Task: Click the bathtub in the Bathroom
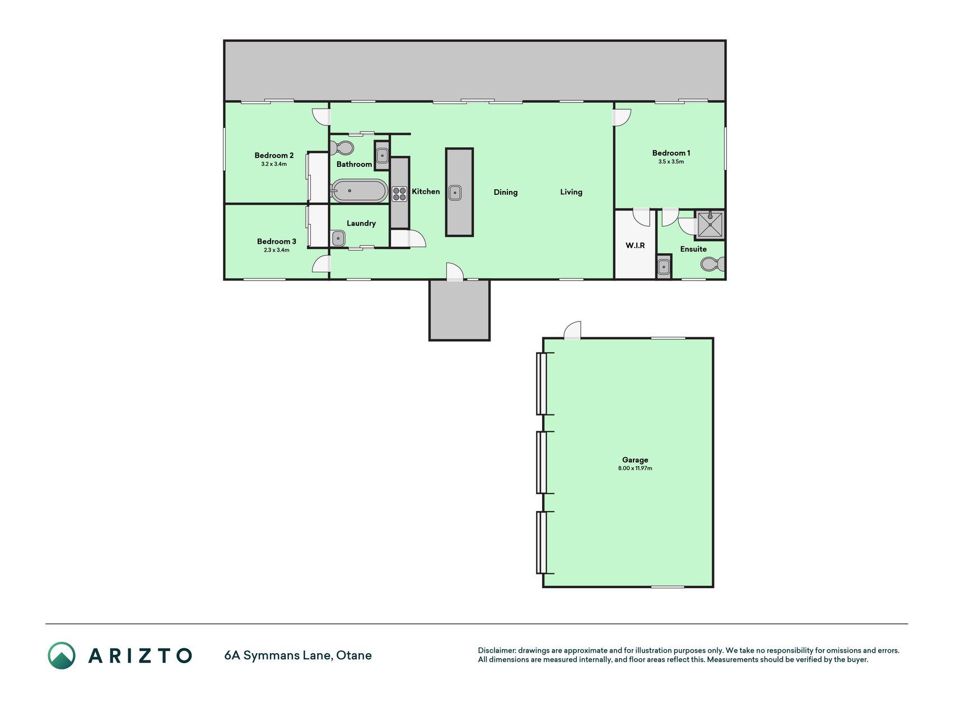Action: point(359,190)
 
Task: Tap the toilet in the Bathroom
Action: point(342,148)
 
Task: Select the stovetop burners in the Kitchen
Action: point(399,194)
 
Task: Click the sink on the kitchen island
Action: point(455,193)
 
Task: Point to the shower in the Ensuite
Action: point(710,224)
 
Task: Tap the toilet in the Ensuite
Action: point(712,264)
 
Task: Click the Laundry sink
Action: point(338,239)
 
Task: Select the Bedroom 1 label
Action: point(671,153)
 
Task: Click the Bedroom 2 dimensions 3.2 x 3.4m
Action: point(274,164)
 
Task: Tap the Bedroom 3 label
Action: point(277,241)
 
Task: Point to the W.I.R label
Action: point(635,245)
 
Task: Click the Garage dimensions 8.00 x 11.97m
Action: point(635,468)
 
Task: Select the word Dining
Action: point(506,192)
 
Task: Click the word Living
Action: point(571,192)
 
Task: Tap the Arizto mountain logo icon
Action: point(62,655)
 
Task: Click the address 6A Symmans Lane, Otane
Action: point(298,655)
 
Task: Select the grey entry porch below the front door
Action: point(459,310)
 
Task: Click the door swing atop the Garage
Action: point(572,330)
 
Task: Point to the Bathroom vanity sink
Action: point(382,155)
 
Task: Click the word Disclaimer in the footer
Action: point(496,650)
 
